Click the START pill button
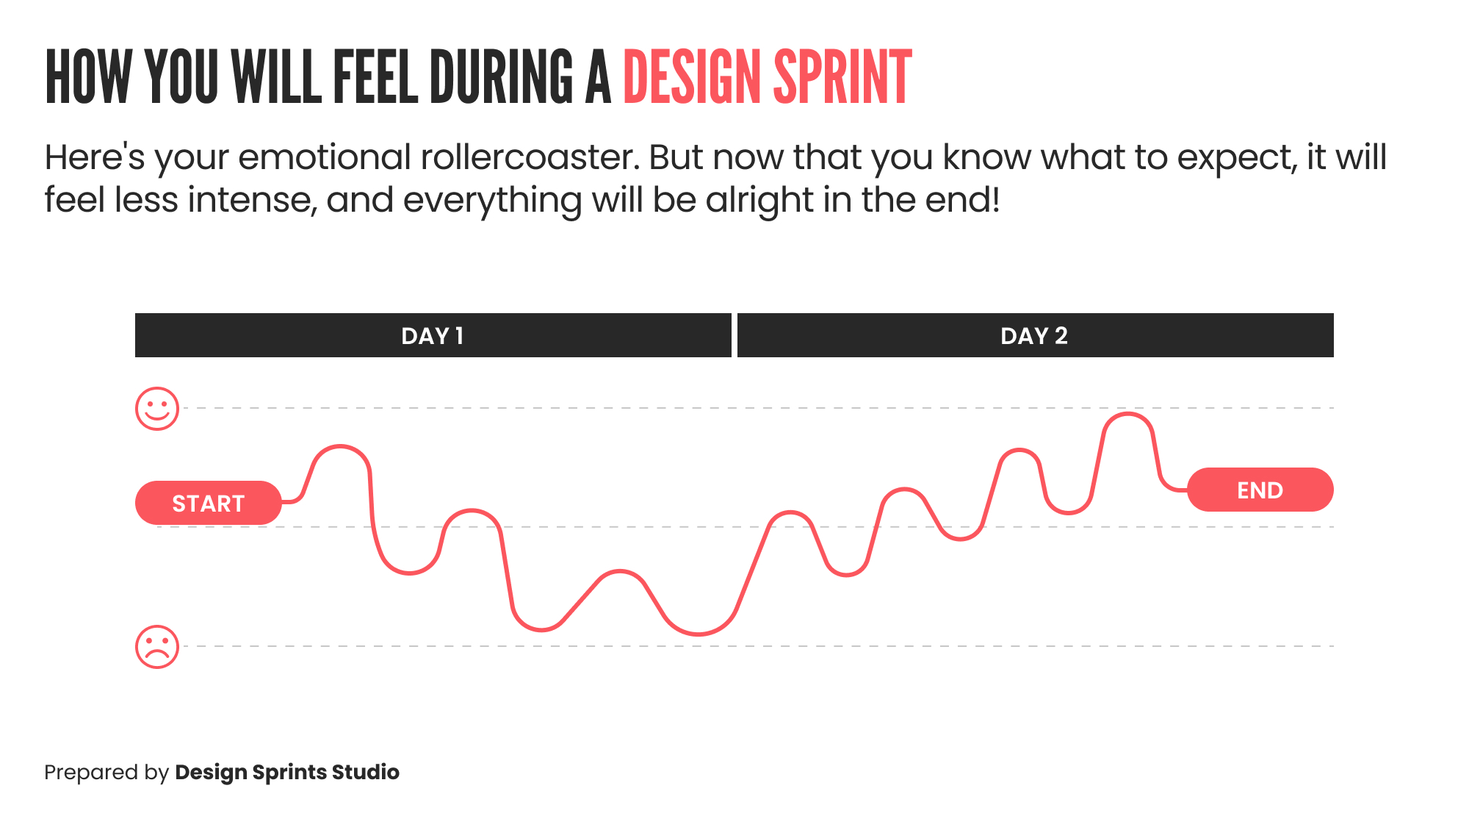click(209, 504)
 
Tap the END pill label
click(1260, 490)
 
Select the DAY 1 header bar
click(433, 336)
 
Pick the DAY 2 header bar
click(1035, 336)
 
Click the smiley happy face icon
click(157, 409)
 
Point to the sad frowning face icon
click(157, 647)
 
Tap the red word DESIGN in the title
click(692, 77)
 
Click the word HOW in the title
click(88, 77)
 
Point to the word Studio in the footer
click(366, 772)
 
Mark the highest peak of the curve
click(1127, 415)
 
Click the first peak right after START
click(340, 447)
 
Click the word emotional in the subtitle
click(324, 157)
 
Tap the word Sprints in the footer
click(289, 773)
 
